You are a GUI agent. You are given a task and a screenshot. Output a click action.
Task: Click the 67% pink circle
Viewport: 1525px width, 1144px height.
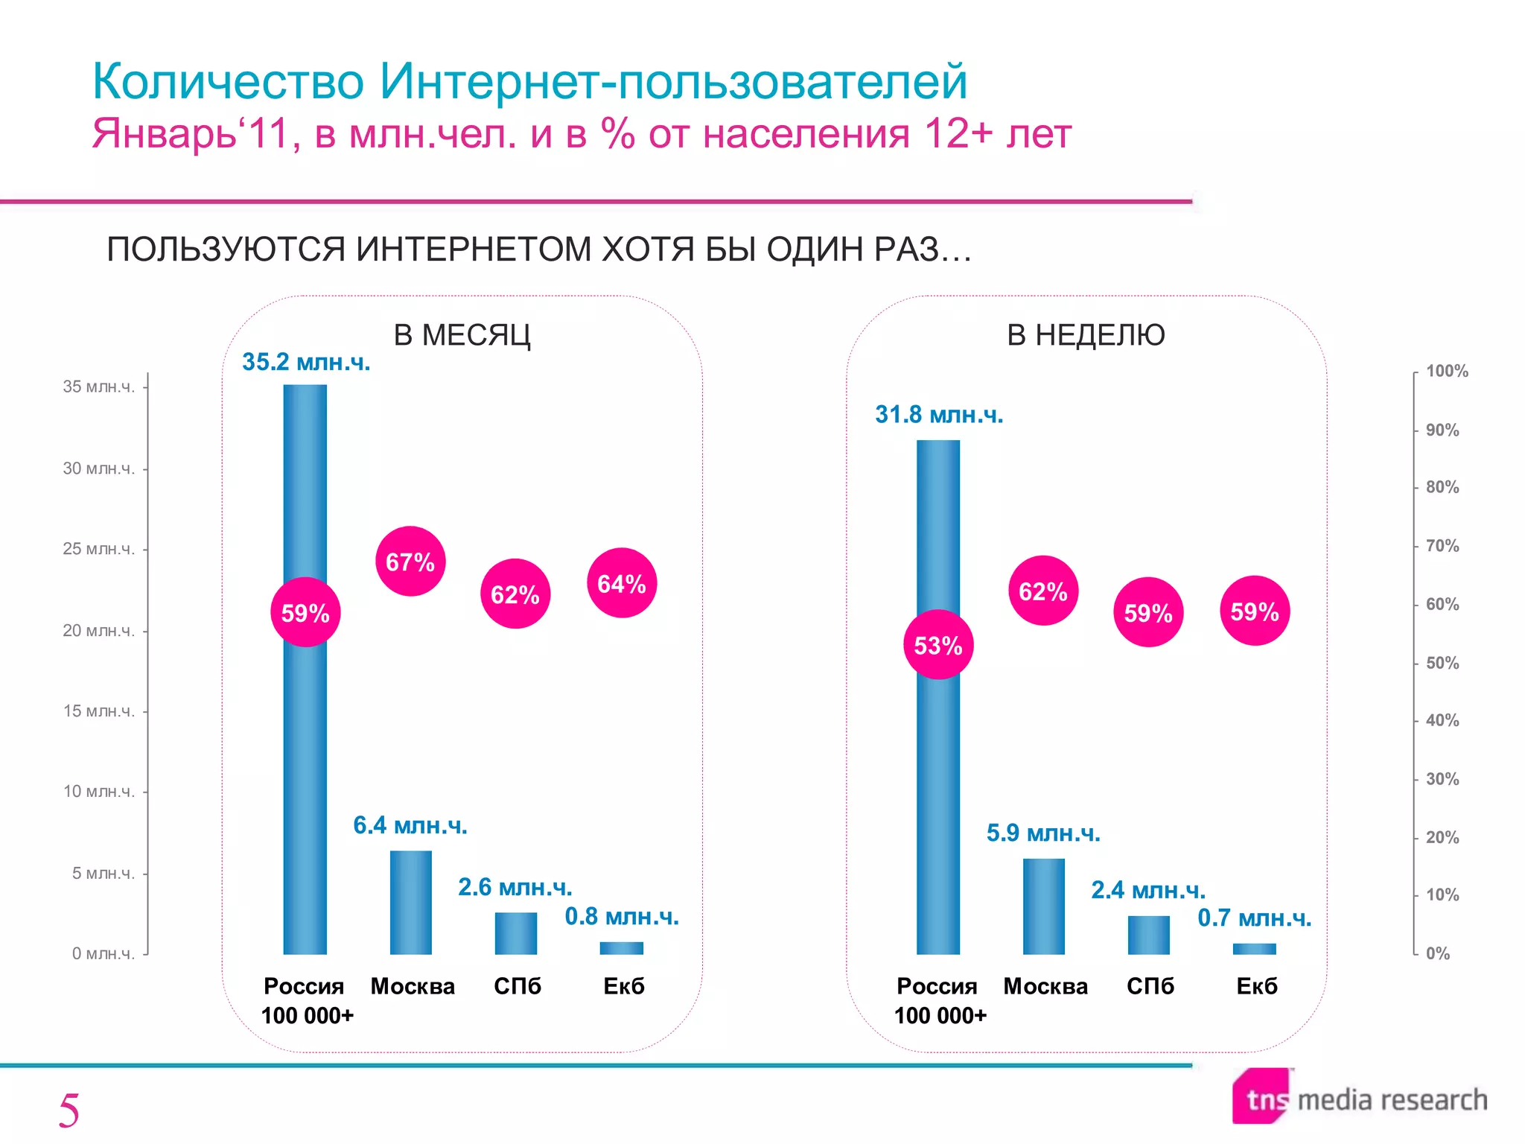410,562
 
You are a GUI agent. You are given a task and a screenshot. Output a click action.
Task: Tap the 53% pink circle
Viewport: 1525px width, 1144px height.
938,645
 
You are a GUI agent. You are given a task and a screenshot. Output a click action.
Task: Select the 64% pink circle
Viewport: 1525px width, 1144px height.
622,583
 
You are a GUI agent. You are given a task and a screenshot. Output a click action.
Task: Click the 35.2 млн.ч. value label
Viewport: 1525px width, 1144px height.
306,362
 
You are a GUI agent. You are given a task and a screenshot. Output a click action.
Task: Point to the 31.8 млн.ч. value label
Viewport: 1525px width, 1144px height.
939,414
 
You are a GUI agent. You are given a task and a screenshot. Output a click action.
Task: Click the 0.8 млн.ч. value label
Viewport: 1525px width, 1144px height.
622,916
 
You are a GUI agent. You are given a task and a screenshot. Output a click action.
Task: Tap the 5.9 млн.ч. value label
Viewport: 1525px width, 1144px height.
1043,833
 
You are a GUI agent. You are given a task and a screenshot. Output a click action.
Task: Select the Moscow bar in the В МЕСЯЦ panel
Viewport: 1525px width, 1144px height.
411,902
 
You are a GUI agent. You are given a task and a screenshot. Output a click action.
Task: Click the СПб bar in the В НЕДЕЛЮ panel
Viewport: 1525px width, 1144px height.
1149,935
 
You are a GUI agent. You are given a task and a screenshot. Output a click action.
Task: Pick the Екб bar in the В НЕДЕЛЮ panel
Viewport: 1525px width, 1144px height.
1255,949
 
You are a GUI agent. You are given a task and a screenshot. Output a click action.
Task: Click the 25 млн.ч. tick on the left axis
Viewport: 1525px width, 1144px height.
99,549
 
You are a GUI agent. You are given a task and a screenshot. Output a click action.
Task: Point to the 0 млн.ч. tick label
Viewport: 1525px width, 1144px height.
104,953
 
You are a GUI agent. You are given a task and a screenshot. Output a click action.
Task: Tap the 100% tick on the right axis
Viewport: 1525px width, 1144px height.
1447,371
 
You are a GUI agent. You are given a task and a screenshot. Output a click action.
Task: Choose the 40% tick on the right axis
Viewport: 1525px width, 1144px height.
1442,720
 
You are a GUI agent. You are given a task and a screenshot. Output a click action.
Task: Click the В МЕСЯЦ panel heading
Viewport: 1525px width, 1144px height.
462,335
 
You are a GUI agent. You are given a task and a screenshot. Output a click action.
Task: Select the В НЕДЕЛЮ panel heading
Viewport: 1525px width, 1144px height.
1086,335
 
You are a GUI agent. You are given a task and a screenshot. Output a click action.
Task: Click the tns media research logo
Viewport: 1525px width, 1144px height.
1360,1098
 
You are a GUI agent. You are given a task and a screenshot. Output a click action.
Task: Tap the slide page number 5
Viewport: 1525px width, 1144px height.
69,1110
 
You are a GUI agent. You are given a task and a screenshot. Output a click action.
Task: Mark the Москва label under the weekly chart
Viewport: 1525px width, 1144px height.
1045,986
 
